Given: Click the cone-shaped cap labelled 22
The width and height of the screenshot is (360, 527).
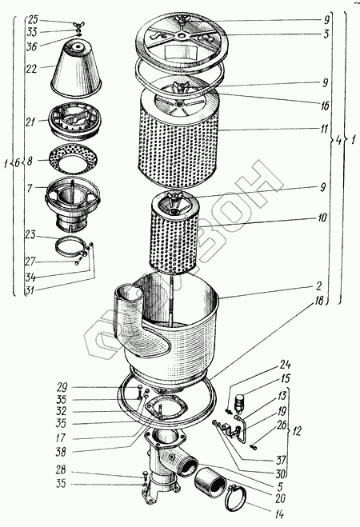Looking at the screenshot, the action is pos(77,69).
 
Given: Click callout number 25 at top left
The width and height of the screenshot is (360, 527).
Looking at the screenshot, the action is pos(34,19).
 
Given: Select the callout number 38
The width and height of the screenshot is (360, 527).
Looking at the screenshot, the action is pos(61,452).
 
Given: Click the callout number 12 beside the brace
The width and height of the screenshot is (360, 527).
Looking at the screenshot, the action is pos(296,431).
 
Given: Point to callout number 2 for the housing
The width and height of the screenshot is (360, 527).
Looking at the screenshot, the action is pos(318,286).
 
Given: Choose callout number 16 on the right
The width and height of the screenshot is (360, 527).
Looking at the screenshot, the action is pos(325,106).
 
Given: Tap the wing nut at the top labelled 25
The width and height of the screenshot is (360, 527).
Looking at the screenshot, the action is pos(79,25).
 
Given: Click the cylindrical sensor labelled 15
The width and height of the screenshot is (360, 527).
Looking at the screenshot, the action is pos(240,401).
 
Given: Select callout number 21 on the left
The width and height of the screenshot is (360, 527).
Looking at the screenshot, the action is pos(30,122).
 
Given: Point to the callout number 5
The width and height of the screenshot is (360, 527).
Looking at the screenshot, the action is pos(280,486).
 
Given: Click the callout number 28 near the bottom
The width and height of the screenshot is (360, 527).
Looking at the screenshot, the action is pos(61,469).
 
